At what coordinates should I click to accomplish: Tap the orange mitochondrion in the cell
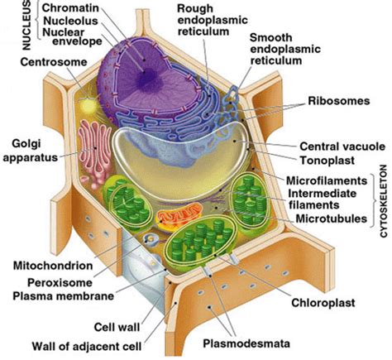pyautogui.click(x=175, y=218)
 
